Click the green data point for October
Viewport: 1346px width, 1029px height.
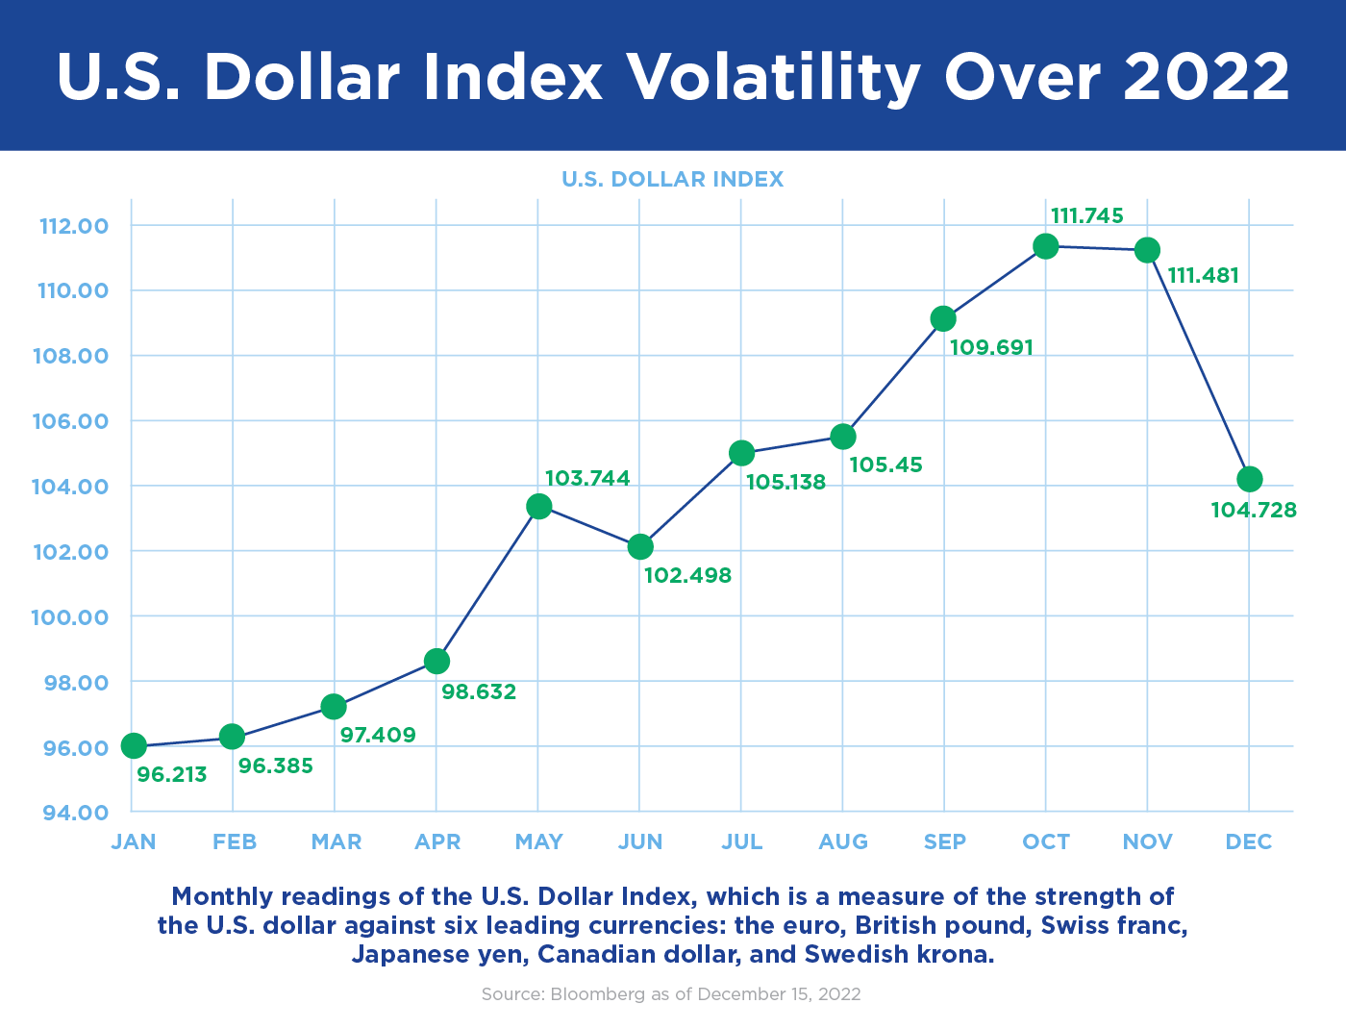tap(1045, 246)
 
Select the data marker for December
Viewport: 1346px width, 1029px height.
tap(1249, 479)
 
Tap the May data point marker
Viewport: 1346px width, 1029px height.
tap(539, 506)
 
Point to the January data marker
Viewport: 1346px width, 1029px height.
tap(134, 745)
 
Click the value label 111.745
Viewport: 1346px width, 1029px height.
tap(1086, 216)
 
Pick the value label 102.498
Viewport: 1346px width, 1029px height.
tap(687, 576)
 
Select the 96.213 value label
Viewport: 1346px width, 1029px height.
tap(172, 775)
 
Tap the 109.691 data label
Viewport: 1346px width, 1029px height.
tap(991, 348)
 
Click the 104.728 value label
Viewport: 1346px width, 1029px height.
tap(1254, 511)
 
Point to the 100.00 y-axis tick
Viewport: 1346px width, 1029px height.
tap(70, 617)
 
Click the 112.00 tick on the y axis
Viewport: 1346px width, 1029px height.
tap(73, 227)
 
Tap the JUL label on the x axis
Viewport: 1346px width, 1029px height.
tap(741, 842)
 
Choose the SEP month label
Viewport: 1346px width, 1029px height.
tap(944, 842)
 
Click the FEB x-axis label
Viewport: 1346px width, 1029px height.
tap(235, 842)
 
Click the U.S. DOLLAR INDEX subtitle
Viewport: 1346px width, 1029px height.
tap(672, 180)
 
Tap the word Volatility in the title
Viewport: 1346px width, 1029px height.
tap(774, 77)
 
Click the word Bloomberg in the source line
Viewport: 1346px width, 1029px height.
tap(597, 994)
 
